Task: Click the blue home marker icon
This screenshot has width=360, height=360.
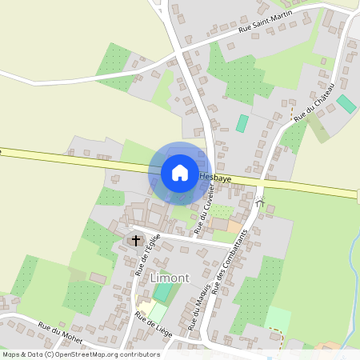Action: coord(179,172)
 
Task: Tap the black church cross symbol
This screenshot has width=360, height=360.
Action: coord(135,239)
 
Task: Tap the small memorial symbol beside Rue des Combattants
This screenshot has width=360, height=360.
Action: coord(260,202)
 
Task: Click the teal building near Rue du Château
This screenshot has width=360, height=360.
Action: coord(346,104)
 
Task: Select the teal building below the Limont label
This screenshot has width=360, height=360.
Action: coord(162,292)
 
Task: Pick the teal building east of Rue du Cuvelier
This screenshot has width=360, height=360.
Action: coord(242,123)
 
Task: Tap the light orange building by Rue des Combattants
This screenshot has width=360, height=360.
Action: coord(234,226)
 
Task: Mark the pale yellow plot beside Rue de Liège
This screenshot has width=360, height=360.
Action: coord(147,309)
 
